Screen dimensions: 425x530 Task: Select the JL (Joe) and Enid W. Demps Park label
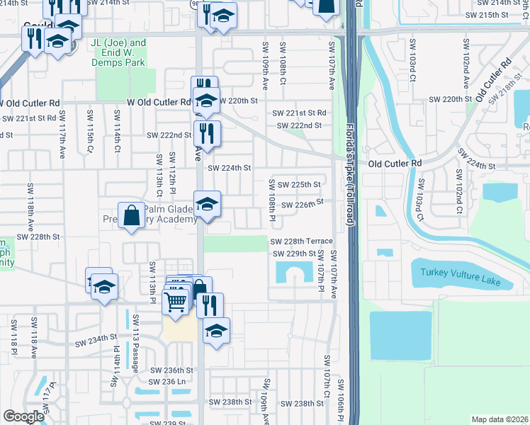pos(118,52)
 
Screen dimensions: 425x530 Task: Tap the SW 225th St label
pos(299,185)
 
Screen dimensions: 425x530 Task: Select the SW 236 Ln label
pos(168,381)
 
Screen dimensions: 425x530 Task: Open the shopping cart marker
pos(176,300)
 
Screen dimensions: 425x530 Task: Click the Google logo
pos(23,416)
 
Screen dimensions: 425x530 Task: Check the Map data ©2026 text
pos(499,419)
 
